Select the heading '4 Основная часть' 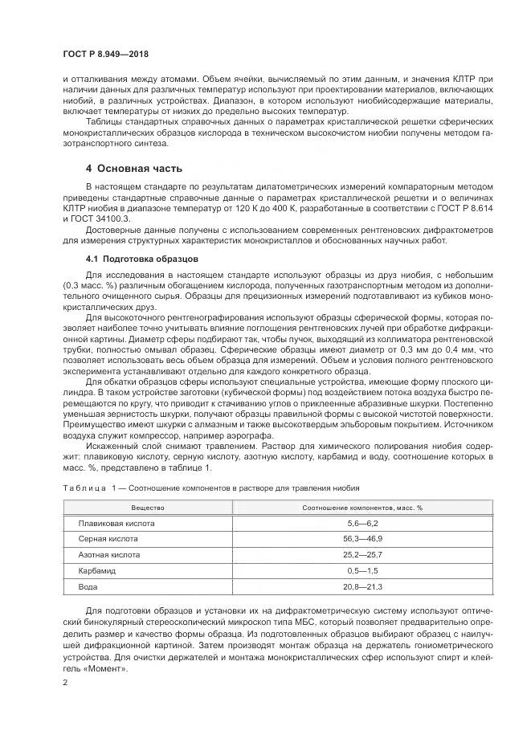pos(133,169)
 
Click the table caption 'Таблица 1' pos(89,488)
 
